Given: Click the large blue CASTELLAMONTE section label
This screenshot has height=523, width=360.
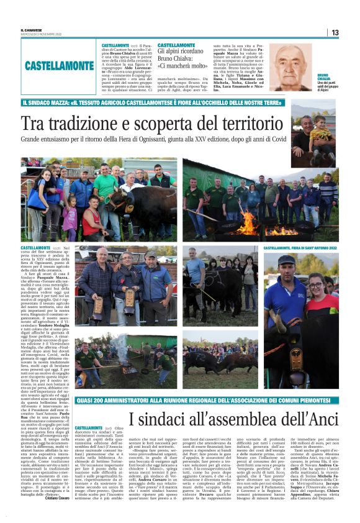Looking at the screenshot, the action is (x=60, y=65).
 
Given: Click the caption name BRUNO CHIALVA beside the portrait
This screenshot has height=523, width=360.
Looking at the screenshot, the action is (x=325, y=78).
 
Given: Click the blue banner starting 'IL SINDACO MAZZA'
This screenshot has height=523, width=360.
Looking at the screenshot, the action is (x=152, y=102).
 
